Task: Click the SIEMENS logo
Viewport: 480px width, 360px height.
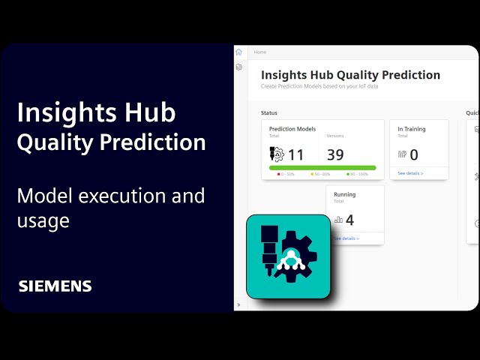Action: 55,286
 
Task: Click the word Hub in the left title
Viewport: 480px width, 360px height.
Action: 148,112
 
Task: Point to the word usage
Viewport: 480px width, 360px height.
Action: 43,220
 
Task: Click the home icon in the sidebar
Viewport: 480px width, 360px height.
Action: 238,52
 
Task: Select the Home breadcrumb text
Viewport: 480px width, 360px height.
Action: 260,52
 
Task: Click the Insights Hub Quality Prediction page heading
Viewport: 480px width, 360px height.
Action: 350,75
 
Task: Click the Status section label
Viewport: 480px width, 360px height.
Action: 268,112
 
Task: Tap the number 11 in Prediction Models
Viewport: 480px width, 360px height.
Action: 295,154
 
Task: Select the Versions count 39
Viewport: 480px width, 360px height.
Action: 336,154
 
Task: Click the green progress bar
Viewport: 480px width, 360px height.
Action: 322,168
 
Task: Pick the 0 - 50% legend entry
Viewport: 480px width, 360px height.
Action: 286,175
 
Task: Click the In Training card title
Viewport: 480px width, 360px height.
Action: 411,129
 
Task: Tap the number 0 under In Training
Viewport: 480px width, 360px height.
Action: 414,155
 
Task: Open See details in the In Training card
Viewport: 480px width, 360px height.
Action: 410,173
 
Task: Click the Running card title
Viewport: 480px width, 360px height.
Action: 344,194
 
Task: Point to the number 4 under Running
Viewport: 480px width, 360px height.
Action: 349,220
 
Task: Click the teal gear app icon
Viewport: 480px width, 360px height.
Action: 288,256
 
